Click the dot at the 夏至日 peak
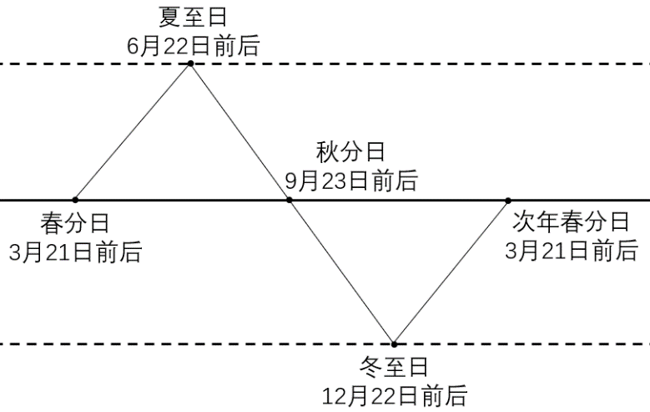[190, 64]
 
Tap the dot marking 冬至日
[394, 343]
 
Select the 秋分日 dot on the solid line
[289, 200]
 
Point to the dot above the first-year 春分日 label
[75, 200]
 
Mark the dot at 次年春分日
[507, 200]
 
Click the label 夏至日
[193, 17]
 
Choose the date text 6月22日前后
[193, 44]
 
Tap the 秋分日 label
[351, 152]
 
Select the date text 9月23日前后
[351, 180]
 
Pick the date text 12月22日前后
[394, 394]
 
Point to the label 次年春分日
[571, 221]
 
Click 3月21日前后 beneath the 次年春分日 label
[571, 250]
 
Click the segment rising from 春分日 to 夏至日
[133, 132]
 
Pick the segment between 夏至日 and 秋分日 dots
[239, 132]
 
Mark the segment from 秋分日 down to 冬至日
[341, 272]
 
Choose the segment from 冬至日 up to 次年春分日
[451, 272]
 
